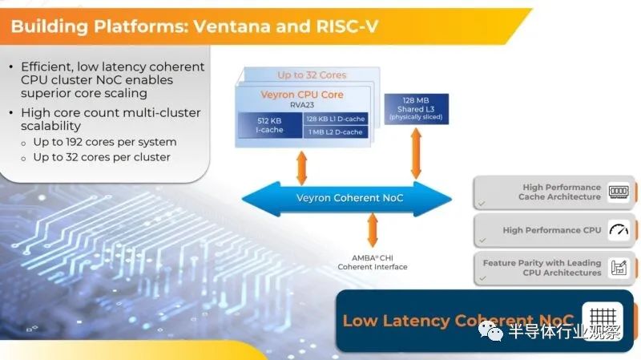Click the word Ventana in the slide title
[x=232, y=26]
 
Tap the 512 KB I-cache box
[x=270, y=125]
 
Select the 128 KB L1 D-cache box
[x=336, y=119]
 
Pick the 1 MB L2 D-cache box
[x=336, y=131]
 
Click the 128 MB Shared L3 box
[x=416, y=109]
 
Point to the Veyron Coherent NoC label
[x=349, y=198]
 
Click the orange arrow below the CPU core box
[x=302, y=168]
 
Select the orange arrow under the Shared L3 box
[x=416, y=153]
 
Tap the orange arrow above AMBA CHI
[x=373, y=230]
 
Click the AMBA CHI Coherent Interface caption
[x=373, y=262]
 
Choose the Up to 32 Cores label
[x=312, y=75]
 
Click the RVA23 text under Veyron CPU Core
[x=302, y=105]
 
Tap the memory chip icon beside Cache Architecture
[x=619, y=192]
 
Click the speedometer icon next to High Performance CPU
[x=619, y=230]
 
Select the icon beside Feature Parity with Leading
[x=619, y=268]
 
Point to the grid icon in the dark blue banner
[x=603, y=321]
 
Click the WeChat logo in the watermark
[x=490, y=330]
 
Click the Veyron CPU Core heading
[x=302, y=95]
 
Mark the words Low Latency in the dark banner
[x=396, y=321]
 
